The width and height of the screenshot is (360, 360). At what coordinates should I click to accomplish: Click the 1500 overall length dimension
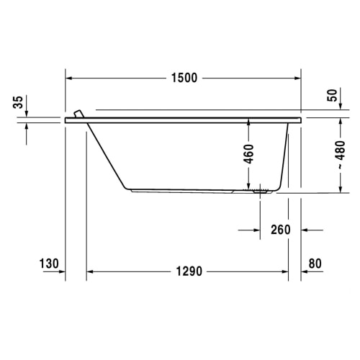(184, 78)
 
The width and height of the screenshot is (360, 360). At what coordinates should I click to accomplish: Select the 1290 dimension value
(189, 271)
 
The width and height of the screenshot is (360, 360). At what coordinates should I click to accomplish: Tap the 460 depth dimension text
(248, 154)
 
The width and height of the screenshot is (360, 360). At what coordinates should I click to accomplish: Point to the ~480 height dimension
(341, 155)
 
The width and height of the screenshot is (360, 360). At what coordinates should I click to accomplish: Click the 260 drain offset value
(281, 230)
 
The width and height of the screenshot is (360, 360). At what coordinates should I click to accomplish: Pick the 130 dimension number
(49, 264)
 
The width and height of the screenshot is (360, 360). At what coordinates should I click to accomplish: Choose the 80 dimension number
(315, 264)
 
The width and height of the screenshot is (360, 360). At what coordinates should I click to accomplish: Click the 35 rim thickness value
(18, 102)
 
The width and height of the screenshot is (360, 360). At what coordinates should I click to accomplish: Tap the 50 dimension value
(333, 95)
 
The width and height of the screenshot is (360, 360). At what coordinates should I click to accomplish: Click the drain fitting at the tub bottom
(261, 192)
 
